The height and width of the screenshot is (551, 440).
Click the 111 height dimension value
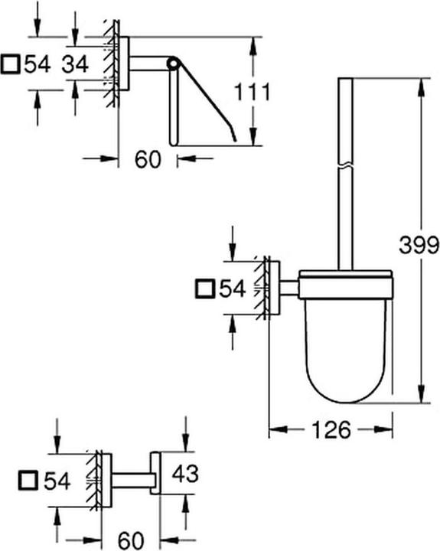pyautogui.click(x=253, y=92)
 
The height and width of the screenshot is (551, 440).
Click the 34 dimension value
pyautogui.click(x=75, y=64)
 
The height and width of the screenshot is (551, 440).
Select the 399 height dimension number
pyautogui.click(x=419, y=245)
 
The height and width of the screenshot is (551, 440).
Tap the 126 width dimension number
pyautogui.click(x=331, y=429)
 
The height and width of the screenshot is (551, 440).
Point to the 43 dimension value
pyautogui.click(x=185, y=473)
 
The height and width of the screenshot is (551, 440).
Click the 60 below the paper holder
pyautogui.click(x=148, y=159)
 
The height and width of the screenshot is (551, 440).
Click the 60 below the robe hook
pyautogui.click(x=131, y=540)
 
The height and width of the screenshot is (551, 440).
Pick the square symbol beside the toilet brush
pyautogui.click(x=205, y=289)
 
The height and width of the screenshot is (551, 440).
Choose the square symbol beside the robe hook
pyautogui.click(x=28, y=480)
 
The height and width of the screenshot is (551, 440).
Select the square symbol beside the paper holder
pyautogui.click(x=10, y=64)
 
